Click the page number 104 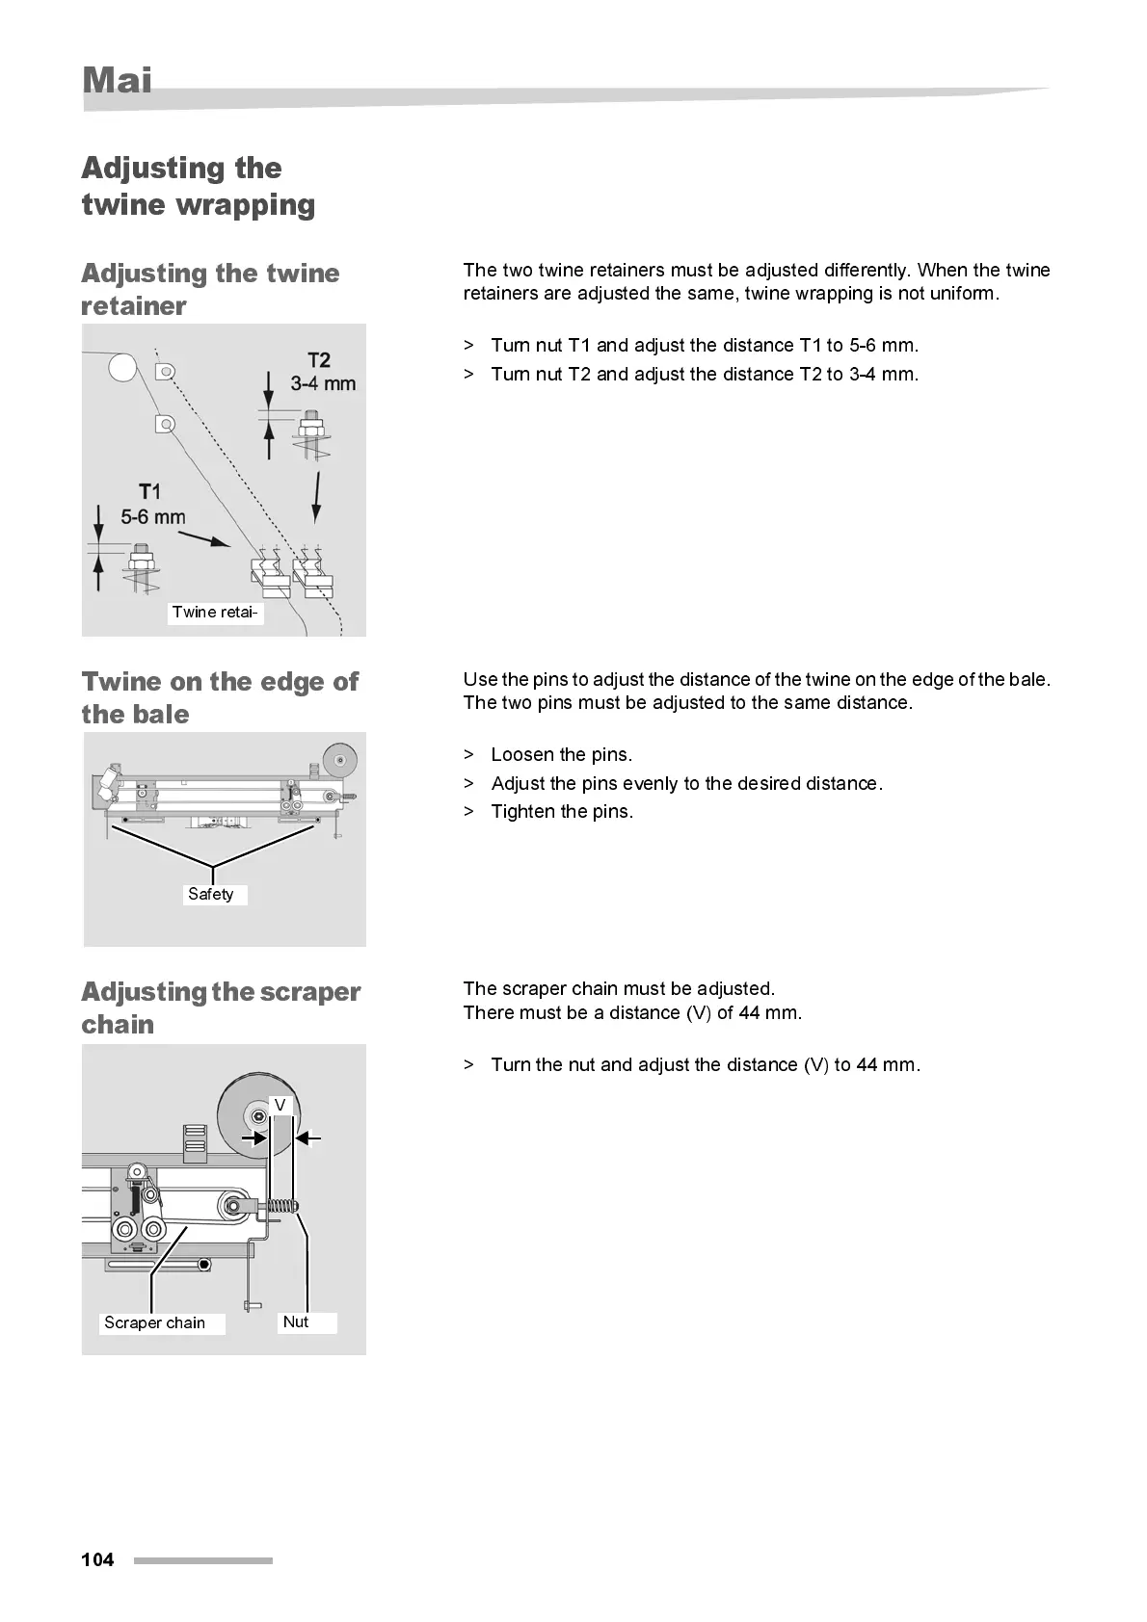(97, 1559)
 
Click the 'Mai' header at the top (117, 80)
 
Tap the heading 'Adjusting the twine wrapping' (198, 186)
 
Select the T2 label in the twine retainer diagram (319, 360)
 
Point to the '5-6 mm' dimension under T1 (153, 517)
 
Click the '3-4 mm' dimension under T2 (323, 383)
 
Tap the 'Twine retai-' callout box (215, 612)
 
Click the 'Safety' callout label (211, 894)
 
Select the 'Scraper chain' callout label (155, 1322)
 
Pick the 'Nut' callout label (296, 1321)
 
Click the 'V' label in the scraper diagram (280, 1105)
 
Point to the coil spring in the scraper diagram (280, 1205)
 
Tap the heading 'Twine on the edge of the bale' (220, 697)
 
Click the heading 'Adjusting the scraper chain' (221, 1007)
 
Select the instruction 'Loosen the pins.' (561, 754)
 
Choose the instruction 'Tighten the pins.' (562, 811)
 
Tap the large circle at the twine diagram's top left (122, 367)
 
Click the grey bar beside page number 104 (202, 1560)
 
